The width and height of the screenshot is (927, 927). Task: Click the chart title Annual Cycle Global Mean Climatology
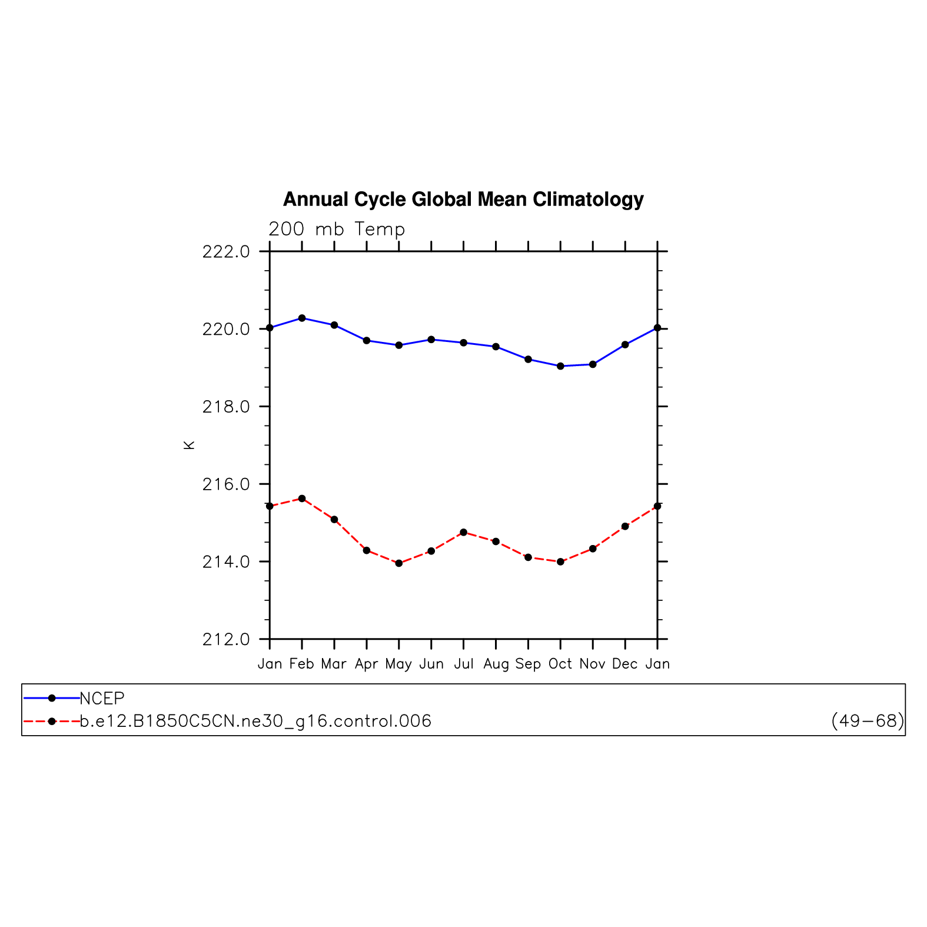463,200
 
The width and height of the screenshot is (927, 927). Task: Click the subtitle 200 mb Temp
337,229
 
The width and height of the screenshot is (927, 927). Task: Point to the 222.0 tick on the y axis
226,252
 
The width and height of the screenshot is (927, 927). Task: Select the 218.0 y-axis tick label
226,407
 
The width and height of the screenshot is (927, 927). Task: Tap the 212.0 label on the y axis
226,639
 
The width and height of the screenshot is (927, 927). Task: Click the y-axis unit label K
189,445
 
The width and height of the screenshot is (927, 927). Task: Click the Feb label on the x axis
302,664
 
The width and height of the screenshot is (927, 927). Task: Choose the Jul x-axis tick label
464,664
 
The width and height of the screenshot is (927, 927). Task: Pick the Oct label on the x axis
560,664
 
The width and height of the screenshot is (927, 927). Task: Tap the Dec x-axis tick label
625,664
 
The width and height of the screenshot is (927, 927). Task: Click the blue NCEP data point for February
302,318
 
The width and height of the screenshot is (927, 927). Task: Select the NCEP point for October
560,366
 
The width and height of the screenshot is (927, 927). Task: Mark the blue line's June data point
431,340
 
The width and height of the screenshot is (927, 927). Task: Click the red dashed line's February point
302,499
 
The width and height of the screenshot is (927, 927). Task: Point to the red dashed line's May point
399,563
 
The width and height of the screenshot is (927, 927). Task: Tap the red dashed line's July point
464,532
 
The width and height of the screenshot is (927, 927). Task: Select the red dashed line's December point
625,526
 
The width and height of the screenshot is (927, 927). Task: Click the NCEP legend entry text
102,699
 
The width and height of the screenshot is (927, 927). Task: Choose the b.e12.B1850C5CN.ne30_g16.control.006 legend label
255,721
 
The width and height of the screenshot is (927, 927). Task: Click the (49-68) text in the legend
868,721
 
